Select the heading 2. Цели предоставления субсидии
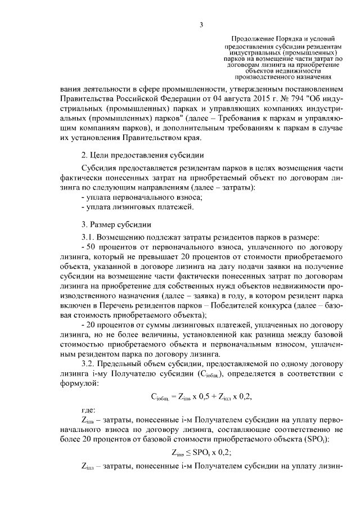point(142,154)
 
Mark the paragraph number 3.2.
point(89,364)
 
